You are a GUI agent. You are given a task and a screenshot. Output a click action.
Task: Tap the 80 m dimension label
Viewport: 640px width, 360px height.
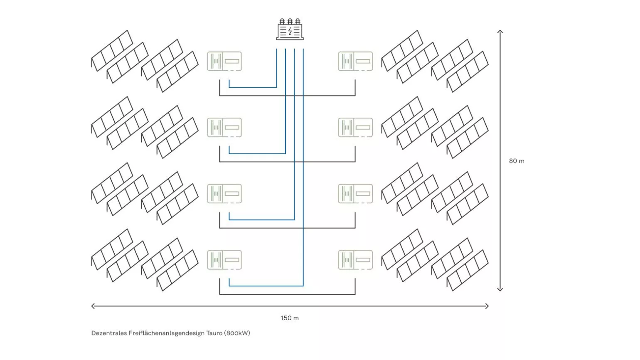[x=517, y=161]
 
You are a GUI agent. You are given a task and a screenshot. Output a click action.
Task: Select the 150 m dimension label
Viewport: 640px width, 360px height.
[x=290, y=318]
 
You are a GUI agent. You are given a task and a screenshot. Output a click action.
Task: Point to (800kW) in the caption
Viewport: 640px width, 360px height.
[x=237, y=333]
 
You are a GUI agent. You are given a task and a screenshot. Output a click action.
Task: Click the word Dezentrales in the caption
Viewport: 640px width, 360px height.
[x=109, y=333]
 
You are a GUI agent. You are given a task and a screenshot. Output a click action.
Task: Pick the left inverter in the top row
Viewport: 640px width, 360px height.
[x=224, y=61]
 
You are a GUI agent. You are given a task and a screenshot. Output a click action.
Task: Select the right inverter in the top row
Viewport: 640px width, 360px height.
[x=355, y=61]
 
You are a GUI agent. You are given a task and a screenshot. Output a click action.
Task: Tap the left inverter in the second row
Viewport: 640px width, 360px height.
[x=224, y=127]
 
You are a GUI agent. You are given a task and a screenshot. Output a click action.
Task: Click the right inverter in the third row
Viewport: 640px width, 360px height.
[x=355, y=194]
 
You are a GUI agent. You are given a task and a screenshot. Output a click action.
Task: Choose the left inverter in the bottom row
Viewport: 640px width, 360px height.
[x=224, y=260]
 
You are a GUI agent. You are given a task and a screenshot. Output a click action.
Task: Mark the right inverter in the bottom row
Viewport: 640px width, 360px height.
[x=355, y=260]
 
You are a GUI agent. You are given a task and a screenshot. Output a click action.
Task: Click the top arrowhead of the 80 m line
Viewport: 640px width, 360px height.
[x=500, y=31]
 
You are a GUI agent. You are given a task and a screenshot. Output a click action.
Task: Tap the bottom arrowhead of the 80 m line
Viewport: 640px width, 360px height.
[x=500, y=290]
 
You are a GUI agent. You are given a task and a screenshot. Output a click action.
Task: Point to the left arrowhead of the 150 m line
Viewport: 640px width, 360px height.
[x=93, y=306]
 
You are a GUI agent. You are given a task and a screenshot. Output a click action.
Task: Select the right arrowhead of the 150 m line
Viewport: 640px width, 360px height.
[x=487, y=306]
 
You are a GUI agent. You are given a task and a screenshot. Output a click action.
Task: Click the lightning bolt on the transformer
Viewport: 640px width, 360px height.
[x=290, y=31]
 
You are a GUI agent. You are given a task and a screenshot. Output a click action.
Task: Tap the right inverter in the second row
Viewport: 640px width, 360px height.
[x=355, y=127]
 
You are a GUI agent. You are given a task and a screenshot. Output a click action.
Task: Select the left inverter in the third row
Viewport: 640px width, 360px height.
[x=224, y=194]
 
